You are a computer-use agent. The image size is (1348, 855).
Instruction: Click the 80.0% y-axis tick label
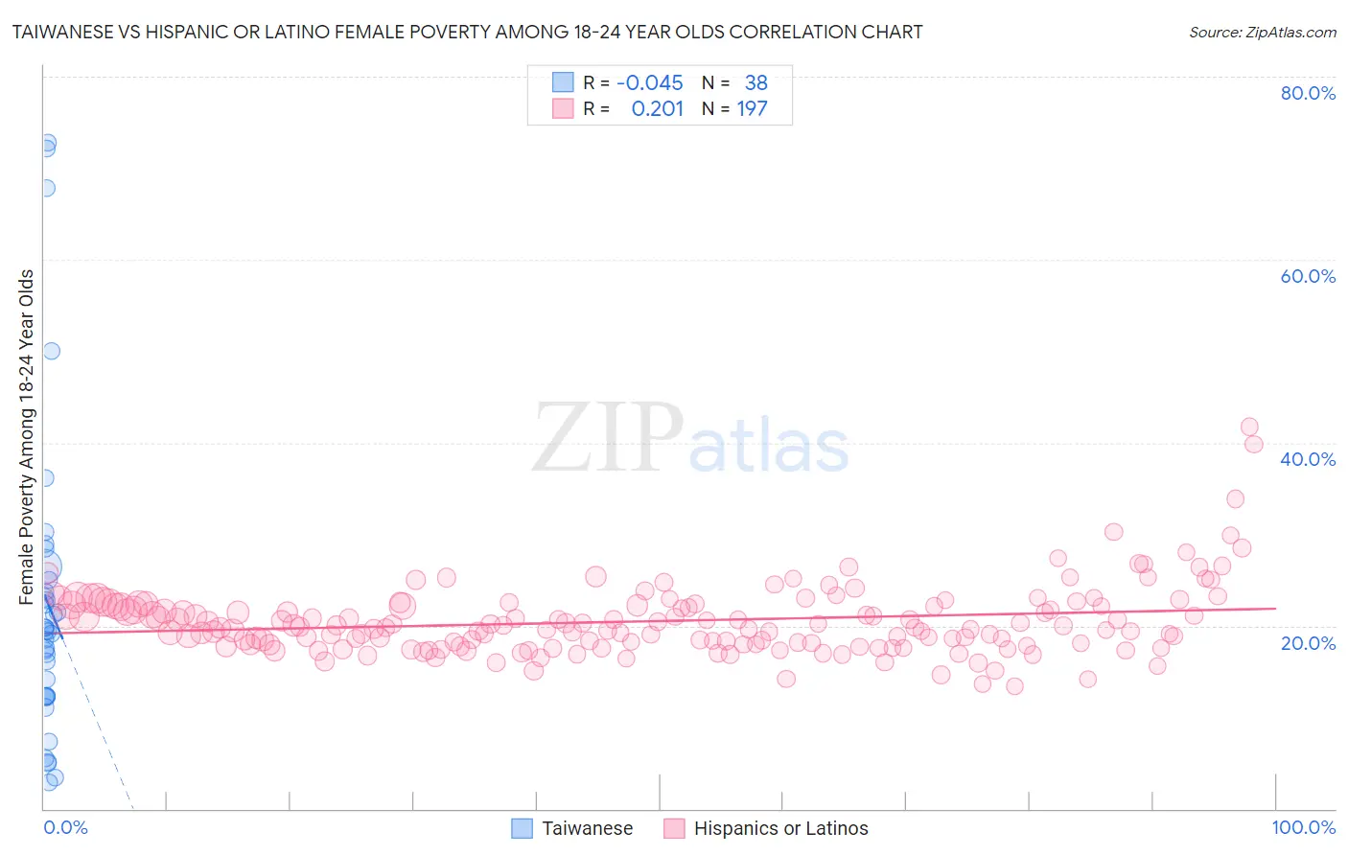pos(1308,93)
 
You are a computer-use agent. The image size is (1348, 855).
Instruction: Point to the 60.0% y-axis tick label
pos(1308,276)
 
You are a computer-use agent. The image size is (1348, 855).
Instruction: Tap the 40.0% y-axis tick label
pos(1308,459)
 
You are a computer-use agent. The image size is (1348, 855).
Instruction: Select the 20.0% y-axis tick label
pos(1308,642)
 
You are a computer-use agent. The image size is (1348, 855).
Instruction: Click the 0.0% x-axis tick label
pos(65,827)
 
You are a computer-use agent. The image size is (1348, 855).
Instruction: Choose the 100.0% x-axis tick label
pos(1303,827)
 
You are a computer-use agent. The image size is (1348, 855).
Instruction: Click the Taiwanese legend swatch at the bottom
pos(522,828)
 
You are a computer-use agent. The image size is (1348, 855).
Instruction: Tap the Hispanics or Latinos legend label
pos(780,828)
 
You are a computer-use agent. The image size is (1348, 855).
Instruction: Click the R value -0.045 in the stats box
pos(650,82)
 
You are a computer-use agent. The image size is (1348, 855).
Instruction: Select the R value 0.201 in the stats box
pos(657,109)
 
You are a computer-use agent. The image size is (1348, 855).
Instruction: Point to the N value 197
pos(752,109)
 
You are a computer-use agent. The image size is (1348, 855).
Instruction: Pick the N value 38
pos(755,82)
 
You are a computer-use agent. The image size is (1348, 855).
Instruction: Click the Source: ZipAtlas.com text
pos(1262,32)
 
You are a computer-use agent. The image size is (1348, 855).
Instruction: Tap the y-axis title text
pos(27,437)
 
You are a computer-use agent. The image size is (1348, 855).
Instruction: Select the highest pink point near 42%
pos(1249,427)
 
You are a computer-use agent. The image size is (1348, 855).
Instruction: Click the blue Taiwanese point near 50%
pos(52,351)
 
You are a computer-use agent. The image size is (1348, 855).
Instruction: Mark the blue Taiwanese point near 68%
pos(46,188)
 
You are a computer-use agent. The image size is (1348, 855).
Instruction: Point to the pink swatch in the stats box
pos(563,109)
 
